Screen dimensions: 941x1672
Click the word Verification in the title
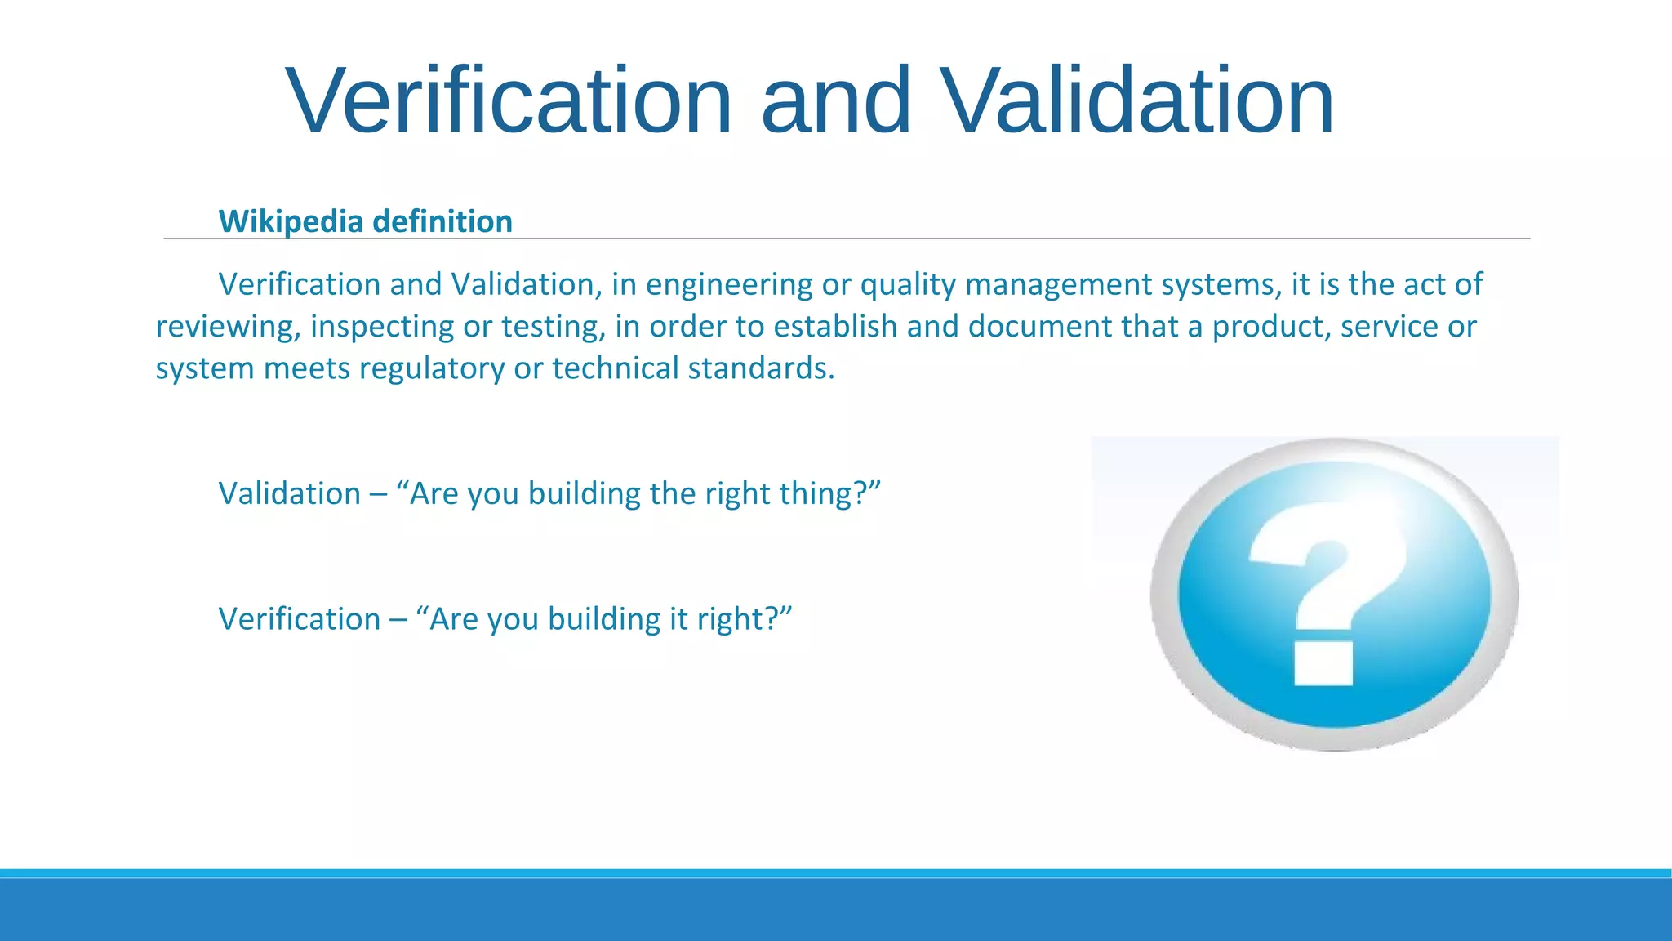click(509, 100)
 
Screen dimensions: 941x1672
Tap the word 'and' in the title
click(835, 100)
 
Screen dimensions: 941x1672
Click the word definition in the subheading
click(442, 221)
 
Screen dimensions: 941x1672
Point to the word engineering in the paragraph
click(728, 285)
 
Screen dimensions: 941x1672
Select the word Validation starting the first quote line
click(289, 494)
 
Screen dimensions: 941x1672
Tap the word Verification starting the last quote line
click(299, 619)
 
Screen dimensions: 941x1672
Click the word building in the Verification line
click(603, 619)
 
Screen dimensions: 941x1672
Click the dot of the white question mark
click(1323, 662)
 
